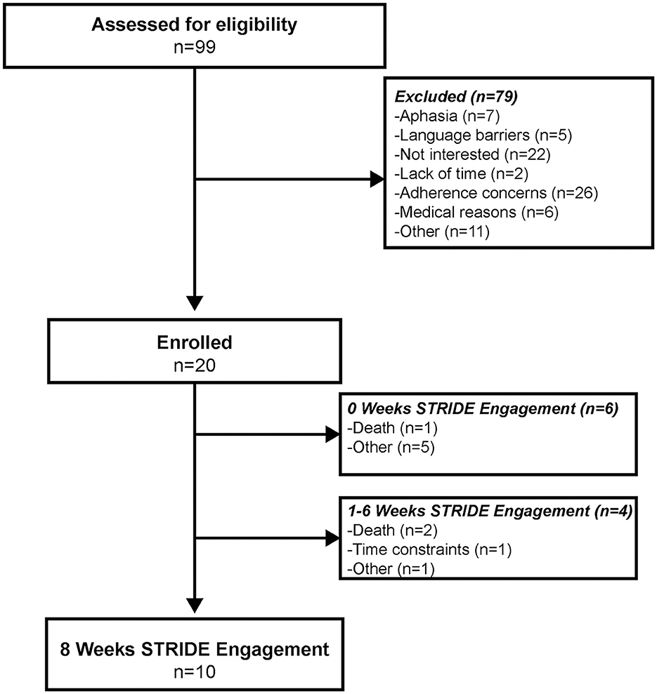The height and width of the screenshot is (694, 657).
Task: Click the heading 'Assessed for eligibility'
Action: pos(195,25)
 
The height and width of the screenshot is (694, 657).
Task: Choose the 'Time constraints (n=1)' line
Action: pos(429,550)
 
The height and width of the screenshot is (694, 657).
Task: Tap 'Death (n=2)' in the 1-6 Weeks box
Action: pos(386,532)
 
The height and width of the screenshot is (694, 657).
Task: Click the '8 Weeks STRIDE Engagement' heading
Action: pos(195,650)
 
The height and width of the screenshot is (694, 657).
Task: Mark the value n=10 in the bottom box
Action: pos(195,672)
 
